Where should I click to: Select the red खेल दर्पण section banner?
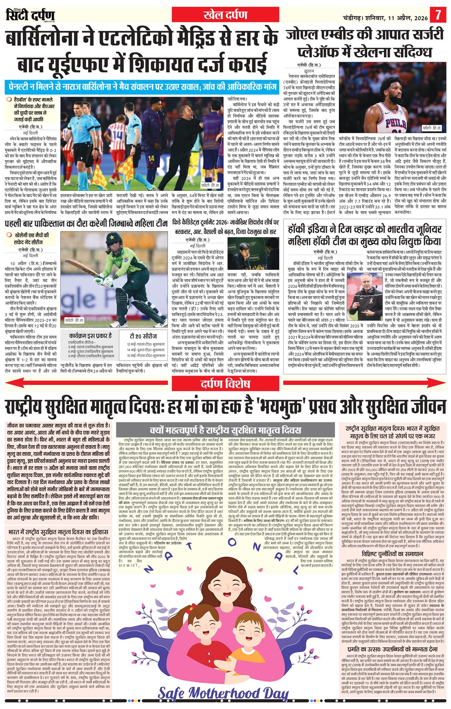coord(226,15)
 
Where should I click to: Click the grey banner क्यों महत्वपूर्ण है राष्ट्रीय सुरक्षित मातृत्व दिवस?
coord(225,430)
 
